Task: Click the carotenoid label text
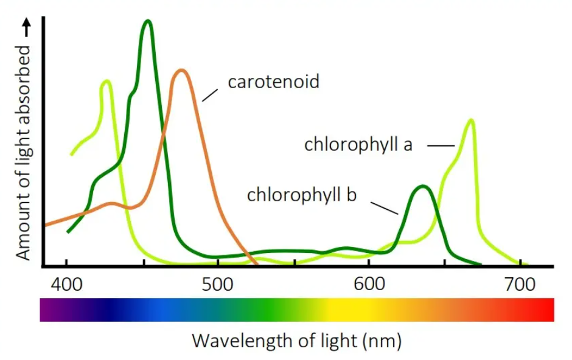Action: coord(273,81)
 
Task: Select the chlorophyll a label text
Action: coord(358,145)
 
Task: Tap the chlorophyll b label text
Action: coord(301,195)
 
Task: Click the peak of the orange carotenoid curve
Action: coord(180,71)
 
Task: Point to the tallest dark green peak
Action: coord(147,21)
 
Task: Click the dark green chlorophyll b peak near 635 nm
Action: coord(422,186)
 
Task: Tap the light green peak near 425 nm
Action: coord(106,81)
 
